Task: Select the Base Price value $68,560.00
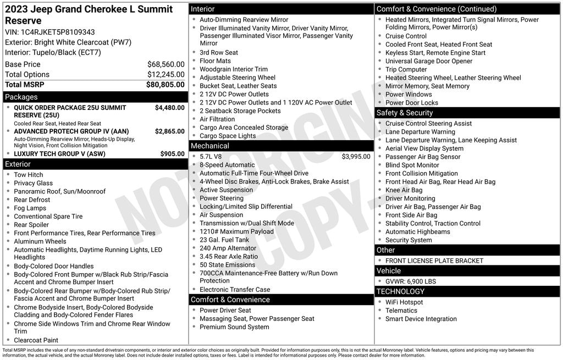tap(165, 64)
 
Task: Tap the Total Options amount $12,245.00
tap(165, 75)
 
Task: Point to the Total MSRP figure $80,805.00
tap(165, 85)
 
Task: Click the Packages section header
tap(21, 97)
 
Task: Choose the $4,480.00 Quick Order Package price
tap(169, 108)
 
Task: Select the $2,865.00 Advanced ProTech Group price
tap(169, 132)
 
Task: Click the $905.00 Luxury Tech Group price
tap(172, 154)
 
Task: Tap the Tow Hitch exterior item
tap(28, 175)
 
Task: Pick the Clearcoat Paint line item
tap(36, 340)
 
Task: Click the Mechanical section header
tap(209, 146)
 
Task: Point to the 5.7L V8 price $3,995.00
tap(356, 157)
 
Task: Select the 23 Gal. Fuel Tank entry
tap(224, 240)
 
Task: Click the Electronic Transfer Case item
tap(235, 290)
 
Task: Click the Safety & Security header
tap(405, 113)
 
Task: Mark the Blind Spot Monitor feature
tap(412, 165)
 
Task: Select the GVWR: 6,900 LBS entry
tap(411, 281)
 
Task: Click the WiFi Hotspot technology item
tap(404, 302)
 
